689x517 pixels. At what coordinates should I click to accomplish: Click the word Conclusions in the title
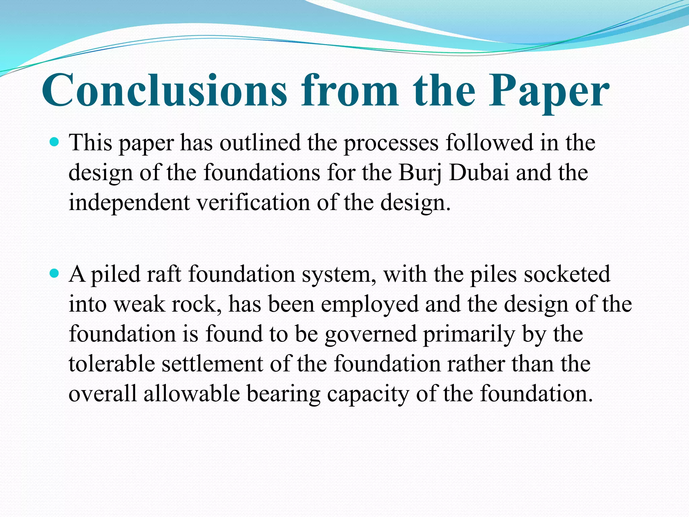tap(165, 90)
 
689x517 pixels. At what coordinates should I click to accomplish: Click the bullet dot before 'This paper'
tap(54, 142)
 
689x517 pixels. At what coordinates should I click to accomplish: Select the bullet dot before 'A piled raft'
tap(54, 273)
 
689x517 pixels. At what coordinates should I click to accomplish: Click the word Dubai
tap(479, 172)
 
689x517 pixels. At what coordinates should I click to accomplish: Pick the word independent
tap(129, 203)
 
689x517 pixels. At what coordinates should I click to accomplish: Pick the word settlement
tap(212, 364)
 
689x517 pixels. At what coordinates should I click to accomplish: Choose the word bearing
tap(284, 394)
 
